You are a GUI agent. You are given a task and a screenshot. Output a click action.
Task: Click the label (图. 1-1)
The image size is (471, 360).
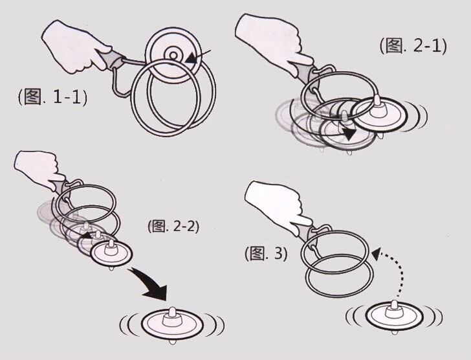53,97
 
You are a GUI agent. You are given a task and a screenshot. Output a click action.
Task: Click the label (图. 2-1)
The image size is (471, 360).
413,46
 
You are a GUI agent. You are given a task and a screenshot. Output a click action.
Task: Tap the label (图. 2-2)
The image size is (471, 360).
173,226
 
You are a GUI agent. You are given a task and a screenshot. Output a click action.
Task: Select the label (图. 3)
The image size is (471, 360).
266,253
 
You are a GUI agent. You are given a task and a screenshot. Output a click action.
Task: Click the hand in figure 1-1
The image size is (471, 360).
75,47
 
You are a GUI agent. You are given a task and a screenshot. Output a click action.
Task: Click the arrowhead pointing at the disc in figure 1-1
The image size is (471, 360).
192,58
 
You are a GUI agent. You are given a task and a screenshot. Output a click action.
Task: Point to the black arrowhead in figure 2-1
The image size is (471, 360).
349,135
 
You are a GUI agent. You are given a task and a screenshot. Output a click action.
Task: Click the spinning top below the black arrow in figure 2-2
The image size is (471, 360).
172,324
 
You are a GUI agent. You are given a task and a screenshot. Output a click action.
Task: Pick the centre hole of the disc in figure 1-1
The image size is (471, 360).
173,55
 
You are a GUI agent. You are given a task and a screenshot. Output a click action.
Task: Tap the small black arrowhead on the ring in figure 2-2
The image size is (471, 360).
86,235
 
